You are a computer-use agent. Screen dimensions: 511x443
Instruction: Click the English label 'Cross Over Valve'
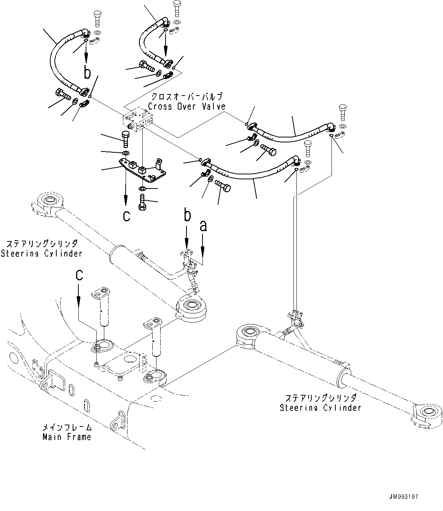pyautogui.click(x=186, y=107)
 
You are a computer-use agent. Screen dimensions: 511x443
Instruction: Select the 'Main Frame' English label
pyautogui.click(x=67, y=437)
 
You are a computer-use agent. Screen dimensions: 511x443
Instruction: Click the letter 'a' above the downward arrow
pyautogui.click(x=203, y=226)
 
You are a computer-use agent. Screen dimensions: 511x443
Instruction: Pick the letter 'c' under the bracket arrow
pyautogui.click(x=126, y=216)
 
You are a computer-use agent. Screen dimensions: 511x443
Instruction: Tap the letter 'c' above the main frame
pyautogui.click(x=79, y=275)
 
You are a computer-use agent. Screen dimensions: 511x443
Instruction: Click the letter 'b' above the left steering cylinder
pyautogui.click(x=186, y=216)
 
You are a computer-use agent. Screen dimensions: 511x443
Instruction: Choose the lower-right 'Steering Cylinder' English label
pyautogui.click(x=320, y=408)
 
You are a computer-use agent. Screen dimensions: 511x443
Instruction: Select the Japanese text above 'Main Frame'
pyautogui.click(x=67, y=427)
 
